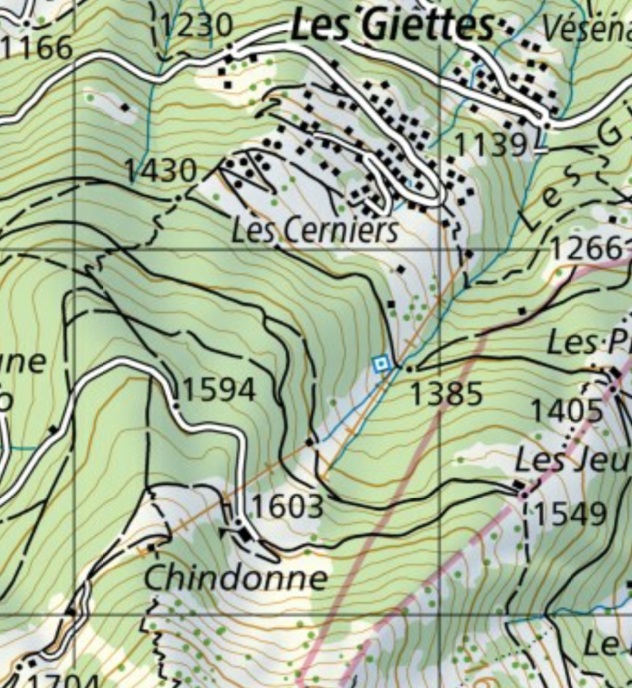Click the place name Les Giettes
click(393, 26)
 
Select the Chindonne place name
click(236, 578)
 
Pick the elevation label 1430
click(160, 171)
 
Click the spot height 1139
click(491, 144)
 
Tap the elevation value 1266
click(586, 248)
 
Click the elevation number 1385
click(446, 394)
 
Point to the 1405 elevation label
click(567, 410)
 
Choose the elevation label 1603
click(288, 506)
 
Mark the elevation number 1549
click(571, 514)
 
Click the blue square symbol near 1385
click(381, 365)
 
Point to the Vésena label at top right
click(586, 28)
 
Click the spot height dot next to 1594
click(175, 406)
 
